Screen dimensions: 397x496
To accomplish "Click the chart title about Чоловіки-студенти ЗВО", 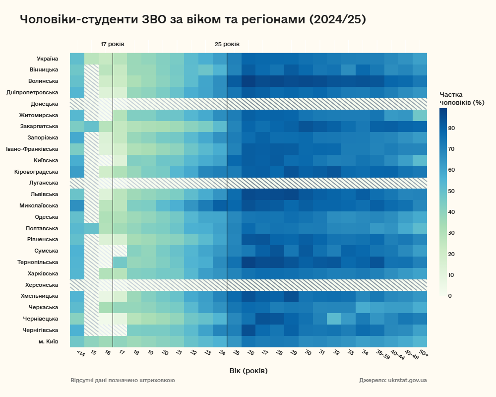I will (193, 19).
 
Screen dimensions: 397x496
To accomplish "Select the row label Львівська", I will (44, 194).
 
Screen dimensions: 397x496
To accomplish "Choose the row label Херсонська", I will (42, 285).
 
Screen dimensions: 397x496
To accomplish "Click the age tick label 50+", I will (423, 354).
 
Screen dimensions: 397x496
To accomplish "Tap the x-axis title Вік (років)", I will (248, 371).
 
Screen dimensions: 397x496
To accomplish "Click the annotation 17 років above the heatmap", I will (113, 44).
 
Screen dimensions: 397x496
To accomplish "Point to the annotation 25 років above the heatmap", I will (227, 44).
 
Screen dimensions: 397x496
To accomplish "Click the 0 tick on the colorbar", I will (450, 296).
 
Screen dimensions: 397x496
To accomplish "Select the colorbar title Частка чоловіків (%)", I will (462, 98).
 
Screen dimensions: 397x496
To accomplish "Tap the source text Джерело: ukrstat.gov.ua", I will (393, 381).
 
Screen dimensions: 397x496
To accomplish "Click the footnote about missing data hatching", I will (123, 381).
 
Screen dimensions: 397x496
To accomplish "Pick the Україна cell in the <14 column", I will (77, 58).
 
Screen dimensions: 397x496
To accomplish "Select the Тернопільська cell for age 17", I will (120, 262).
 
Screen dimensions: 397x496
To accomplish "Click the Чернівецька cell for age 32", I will (334, 319).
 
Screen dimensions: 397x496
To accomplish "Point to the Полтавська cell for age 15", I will (91, 228).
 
